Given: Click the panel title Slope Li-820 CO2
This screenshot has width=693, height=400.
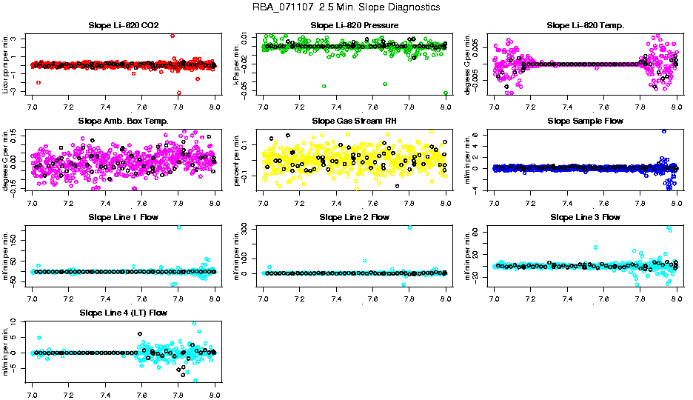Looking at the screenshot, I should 123,25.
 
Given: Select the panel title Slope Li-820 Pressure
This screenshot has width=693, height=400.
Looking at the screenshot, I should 355,25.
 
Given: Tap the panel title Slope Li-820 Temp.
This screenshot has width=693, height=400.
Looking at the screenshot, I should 586,25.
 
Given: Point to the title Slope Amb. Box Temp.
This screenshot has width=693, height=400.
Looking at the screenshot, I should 123,121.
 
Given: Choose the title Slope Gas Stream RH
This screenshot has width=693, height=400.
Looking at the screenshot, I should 355,121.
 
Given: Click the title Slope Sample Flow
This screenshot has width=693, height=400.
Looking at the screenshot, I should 586,121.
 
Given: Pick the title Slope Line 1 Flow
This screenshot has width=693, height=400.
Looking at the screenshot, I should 123,217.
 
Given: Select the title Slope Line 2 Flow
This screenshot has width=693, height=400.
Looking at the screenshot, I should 355,217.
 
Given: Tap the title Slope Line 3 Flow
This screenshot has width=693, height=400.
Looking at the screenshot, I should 586,217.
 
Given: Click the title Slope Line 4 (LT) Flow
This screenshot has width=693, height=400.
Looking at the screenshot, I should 123,313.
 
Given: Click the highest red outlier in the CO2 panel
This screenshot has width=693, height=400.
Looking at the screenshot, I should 173,36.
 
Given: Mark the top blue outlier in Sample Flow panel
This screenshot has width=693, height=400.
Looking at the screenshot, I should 664,131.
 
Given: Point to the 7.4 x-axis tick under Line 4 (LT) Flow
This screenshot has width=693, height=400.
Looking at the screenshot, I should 105,385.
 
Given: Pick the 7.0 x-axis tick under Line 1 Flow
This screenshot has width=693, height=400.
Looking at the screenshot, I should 33,299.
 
